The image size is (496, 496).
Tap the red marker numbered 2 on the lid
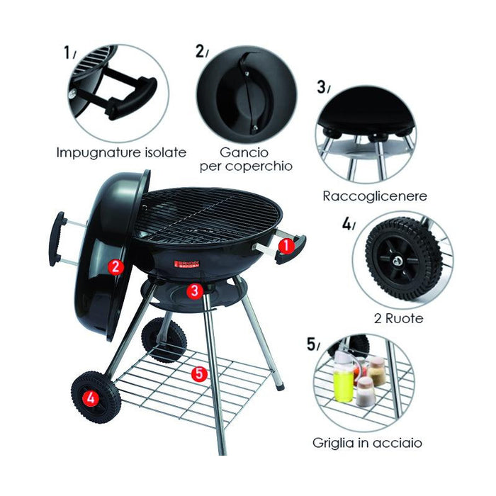[115, 266]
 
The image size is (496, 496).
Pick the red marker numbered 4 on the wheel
[90, 398]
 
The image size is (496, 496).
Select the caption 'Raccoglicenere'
[375, 196]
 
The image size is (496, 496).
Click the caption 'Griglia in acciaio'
[367, 443]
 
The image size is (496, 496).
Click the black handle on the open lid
[56, 239]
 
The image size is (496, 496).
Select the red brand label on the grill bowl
[187, 264]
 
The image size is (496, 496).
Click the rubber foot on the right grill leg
[280, 386]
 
